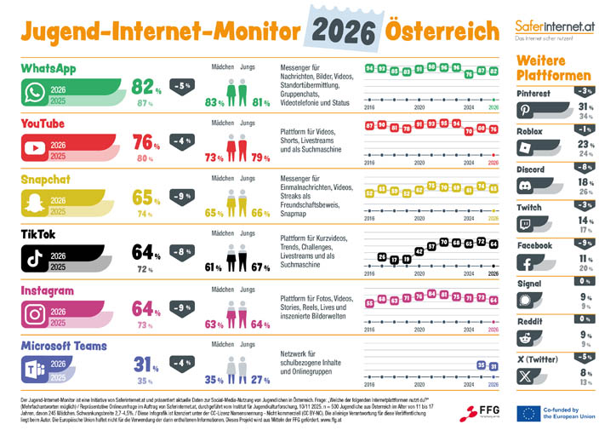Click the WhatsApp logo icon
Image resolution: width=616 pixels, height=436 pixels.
(35, 93)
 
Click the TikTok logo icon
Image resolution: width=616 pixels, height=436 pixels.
(35, 258)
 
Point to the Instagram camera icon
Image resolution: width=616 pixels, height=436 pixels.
(35, 313)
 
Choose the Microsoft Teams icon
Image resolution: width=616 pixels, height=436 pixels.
(35, 369)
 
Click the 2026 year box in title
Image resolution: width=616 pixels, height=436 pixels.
(343, 32)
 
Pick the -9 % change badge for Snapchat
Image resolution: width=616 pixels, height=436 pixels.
(181, 196)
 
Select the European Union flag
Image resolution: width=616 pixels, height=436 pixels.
(528, 413)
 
